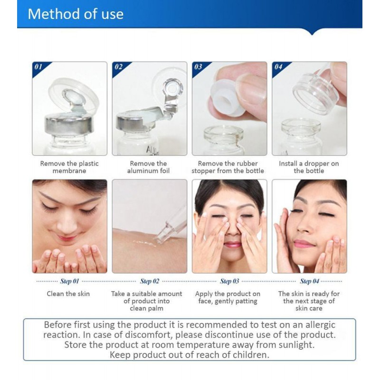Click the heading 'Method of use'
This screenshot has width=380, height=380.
(76, 14)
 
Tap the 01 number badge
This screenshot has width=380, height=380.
(38, 66)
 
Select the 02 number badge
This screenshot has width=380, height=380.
(118, 66)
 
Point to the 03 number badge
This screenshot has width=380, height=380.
(198, 66)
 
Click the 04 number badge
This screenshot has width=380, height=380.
(278, 66)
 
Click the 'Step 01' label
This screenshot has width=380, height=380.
(69, 281)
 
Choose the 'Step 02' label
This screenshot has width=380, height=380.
(150, 281)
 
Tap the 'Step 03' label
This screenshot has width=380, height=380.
(229, 281)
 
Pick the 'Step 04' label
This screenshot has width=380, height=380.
(310, 281)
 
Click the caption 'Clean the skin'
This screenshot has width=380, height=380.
(68, 294)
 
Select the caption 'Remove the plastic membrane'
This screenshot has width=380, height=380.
(69, 167)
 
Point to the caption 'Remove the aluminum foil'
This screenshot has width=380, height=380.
(148, 167)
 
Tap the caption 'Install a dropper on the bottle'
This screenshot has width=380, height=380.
(309, 167)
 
